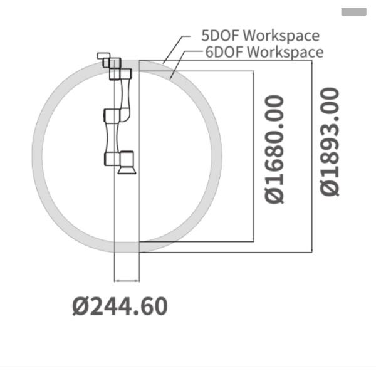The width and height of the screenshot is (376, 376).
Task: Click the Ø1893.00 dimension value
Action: [330, 142]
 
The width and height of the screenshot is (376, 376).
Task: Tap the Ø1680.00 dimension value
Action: [274, 149]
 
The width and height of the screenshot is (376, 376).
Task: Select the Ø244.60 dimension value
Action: [120, 306]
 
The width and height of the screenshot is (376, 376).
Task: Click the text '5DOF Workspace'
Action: [261, 36]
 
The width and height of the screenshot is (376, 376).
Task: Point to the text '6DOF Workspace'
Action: [264, 52]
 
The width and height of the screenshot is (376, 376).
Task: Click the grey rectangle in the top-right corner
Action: [354, 12]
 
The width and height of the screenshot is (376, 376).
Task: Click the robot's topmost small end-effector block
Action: [103, 56]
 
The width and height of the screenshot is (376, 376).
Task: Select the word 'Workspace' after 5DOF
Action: [281, 36]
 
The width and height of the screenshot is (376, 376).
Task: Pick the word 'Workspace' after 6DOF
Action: [285, 52]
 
